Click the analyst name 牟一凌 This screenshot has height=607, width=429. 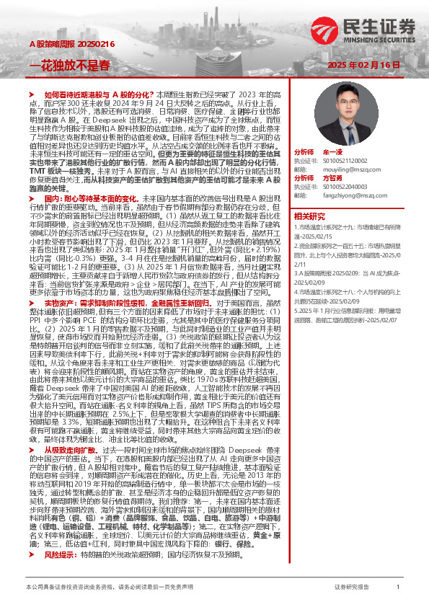pyautogui.click(x=332, y=154)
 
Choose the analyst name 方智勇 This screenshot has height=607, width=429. pyautogui.click(x=332, y=177)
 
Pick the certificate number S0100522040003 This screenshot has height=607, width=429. pyautogui.click(x=344, y=186)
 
